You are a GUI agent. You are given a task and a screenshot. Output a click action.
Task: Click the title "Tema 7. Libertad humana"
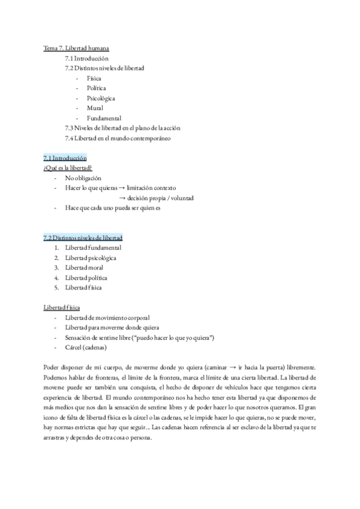76,48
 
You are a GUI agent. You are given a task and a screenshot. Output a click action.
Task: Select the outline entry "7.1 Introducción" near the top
86,58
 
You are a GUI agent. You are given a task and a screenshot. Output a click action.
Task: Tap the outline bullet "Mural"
95,108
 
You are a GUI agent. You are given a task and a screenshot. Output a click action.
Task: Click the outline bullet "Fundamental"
104,118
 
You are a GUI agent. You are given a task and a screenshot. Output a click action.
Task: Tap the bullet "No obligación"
83,178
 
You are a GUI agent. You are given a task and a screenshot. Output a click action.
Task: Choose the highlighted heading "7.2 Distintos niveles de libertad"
83,238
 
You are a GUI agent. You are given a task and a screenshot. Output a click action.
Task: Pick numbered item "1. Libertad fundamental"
93,247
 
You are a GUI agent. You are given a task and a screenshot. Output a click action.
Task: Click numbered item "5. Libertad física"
83,287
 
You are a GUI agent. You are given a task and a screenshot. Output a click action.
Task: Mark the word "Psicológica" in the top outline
101,98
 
